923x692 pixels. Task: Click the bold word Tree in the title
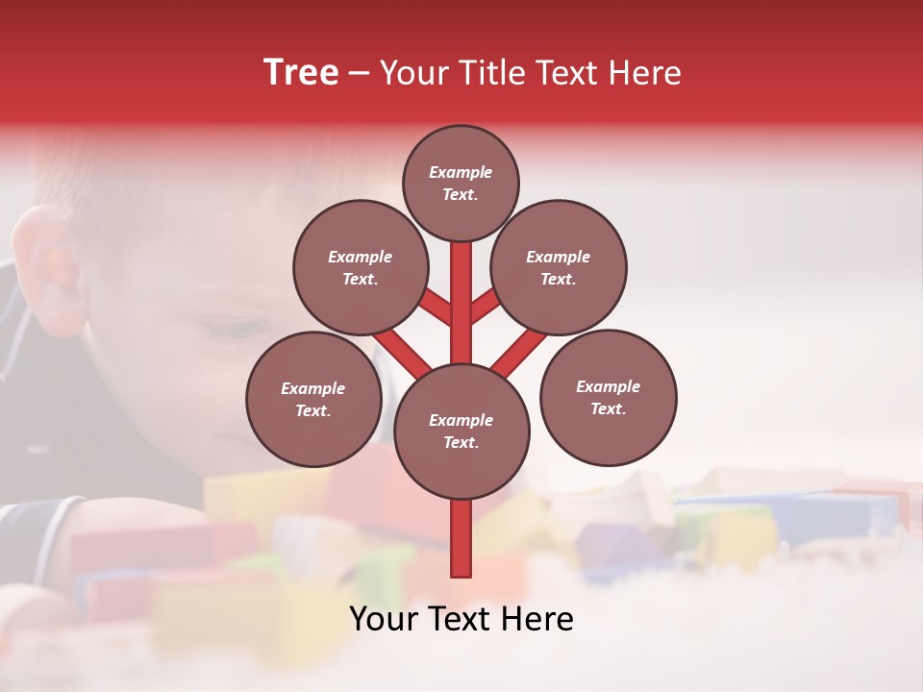pos(301,72)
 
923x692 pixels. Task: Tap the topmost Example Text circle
pos(461,183)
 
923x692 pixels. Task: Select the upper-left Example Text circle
pos(361,268)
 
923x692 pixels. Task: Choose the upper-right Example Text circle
pos(559,268)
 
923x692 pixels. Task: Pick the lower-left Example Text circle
pos(313,399)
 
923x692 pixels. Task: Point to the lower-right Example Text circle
pos(608,397)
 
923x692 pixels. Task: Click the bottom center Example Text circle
pos(461,432)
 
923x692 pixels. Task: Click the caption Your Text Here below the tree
pos(461,619)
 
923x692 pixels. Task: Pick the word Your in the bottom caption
pos(384,619)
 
